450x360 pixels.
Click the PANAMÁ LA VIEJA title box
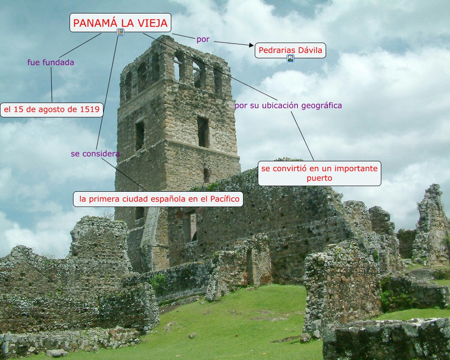pyautogui.click(x=120, y=23)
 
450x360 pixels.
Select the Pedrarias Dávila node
pyautogui.click(x=290, y=50)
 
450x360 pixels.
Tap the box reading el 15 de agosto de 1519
pyautogui.click(x=52, y=110)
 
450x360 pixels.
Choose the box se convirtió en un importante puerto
pyautogui.click(x=319, y=173)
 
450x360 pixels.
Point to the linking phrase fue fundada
pyautogui.click(x=50, y=62)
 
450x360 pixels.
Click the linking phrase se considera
pyautogui.click(x=95, y=153)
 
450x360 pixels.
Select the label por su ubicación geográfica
pyautogui.click(x=288, y=105)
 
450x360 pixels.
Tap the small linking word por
pyautogui.click(x=203, y=39)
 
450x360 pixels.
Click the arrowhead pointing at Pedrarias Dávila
pyautogui.click(x=251, y=45)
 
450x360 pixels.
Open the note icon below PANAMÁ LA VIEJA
pyautogui.click(x=120, y=32)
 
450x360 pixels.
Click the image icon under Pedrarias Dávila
pyautogui.click(x=290, y=58)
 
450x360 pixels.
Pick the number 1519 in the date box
pyautogui.click(x=90, y=110)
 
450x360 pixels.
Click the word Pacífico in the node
pyautogui.click(x=224, y=199)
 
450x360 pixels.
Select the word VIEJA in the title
pyautogui.click(x=153, y=23)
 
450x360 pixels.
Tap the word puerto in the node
pyautogui.click(x=319, y=178)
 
